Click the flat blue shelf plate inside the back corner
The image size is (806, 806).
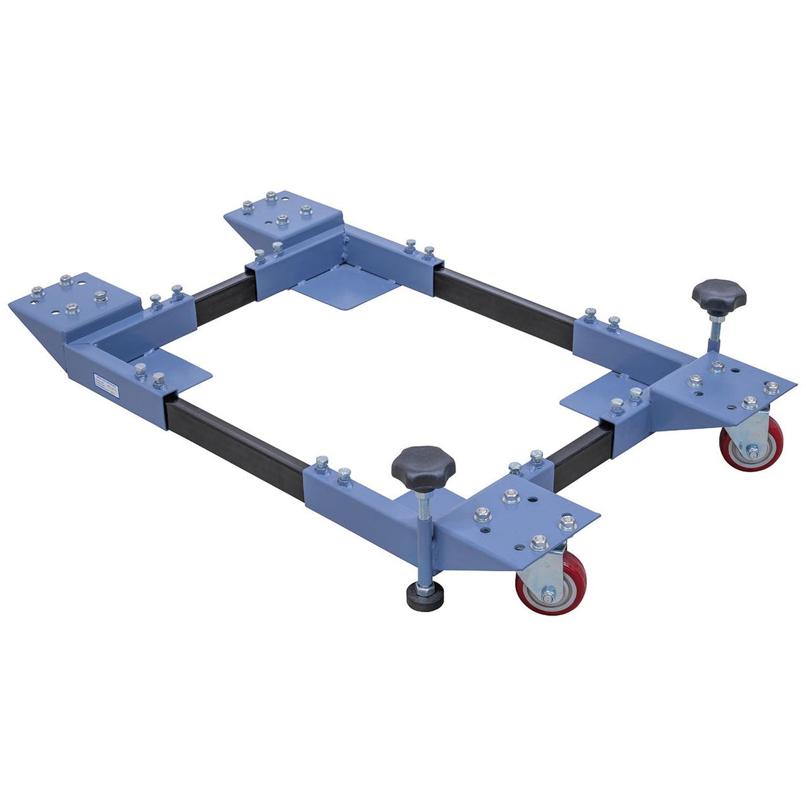pos(345,290)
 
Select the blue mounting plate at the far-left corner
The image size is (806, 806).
pos(73,302)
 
